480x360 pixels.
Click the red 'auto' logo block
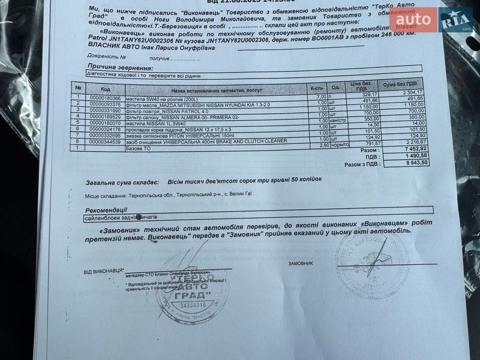(413, 20)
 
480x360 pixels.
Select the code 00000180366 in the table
(105, 97)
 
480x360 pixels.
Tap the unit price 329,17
(369, 94)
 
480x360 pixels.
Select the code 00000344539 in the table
(105, 142)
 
